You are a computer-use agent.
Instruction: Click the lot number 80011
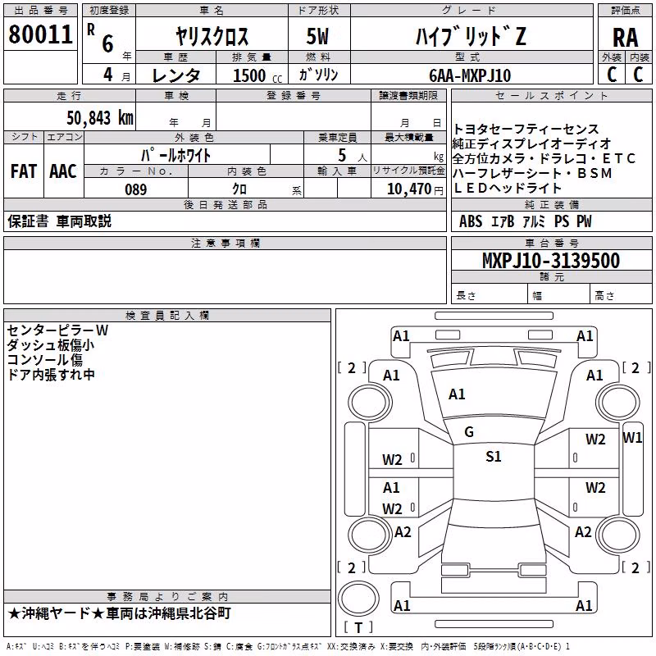coord(40,34)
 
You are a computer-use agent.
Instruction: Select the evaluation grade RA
coord(625,38)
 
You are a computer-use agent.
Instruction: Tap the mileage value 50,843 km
coord(100,118)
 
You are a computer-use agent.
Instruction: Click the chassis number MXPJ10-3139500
coord(551,261)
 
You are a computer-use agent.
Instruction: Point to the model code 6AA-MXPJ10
coord(470,75)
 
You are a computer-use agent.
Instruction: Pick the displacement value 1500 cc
coord(257,75)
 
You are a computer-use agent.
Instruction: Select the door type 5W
coord(317,36)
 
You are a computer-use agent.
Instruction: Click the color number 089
coord(136,189)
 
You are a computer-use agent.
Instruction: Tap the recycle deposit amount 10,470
coord(409,189)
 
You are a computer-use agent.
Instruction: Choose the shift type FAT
coord(24,171)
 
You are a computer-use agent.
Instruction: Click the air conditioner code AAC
coord(63,171)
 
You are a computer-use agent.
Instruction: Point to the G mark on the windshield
coord(469,432)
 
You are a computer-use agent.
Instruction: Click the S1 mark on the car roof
coord(494,456)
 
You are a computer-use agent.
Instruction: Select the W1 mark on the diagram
coord(632,438)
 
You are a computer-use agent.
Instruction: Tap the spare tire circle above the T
coord(358,598)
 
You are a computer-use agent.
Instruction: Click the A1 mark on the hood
coord(457,394)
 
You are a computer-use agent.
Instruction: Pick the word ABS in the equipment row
coord(471,221)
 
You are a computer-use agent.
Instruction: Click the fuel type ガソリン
coord(318,75)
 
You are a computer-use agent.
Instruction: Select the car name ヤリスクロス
coord(212,36)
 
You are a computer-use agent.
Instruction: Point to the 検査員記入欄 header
coord(167,316)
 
